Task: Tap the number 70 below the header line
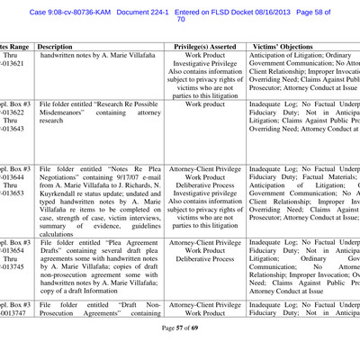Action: (x=181, y=18)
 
